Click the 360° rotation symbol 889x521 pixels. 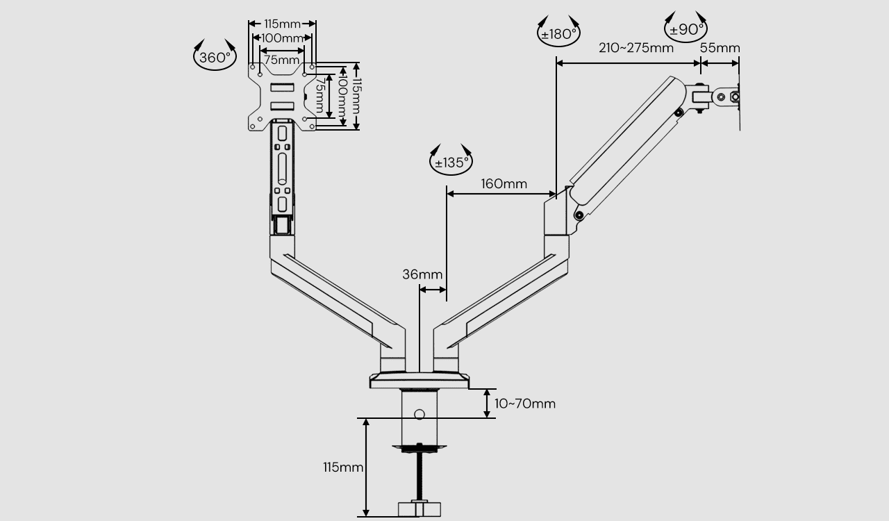[215, 58]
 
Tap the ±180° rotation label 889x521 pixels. [559, 34]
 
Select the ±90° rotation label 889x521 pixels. [686, 29]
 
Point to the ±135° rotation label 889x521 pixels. [451, 163]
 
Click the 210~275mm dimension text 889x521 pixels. [635, 48]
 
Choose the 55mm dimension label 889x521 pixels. [720, 48]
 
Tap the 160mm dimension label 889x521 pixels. [504, 184]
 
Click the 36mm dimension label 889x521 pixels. [422, 274]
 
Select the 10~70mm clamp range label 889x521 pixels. [524, 404]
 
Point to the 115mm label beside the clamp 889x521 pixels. [343, 468]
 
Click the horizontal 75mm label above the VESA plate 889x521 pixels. [281, 60]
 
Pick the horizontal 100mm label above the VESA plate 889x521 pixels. [282, 38]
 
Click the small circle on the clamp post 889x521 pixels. [419, 415]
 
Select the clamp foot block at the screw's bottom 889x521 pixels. [419, 509]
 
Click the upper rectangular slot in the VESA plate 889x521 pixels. [282, 87]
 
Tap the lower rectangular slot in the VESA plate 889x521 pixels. [282, 106]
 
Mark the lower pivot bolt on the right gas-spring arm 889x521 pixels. [579, 215]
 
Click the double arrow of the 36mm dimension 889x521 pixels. [433, 290]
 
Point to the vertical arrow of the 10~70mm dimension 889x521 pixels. [487, 404]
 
